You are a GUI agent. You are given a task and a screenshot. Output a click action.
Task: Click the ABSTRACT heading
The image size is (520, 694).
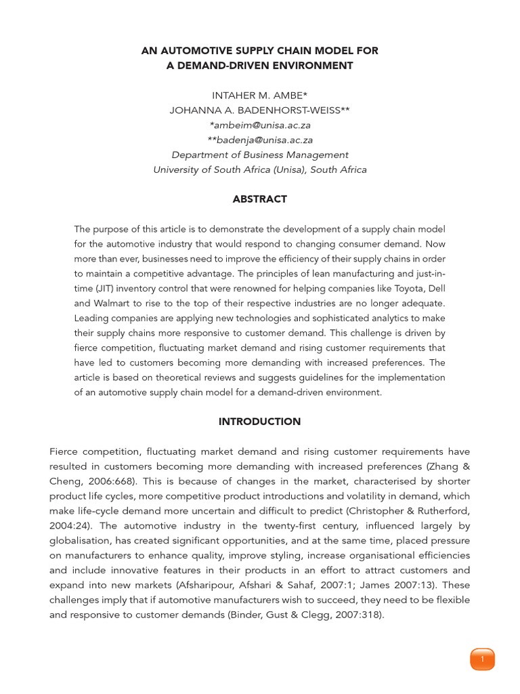click(259, 199)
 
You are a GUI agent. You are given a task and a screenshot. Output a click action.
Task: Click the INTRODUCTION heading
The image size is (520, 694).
click(259, 422)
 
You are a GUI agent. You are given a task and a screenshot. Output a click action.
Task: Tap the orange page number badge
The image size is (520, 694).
click(482, 659)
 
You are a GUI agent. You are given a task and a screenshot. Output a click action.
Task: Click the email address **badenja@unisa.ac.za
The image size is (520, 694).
click(260, 140)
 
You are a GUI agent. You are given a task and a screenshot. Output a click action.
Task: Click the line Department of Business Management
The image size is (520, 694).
click(260, 155)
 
